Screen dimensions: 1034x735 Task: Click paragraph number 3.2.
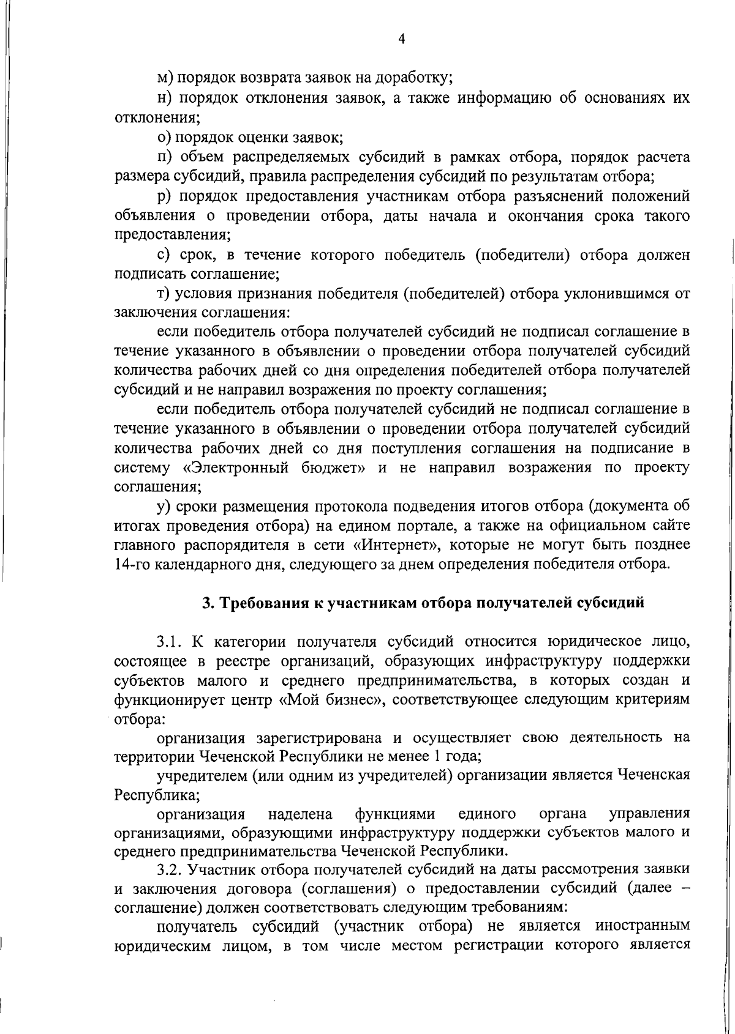pyautogui.click(x=170, y=869)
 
